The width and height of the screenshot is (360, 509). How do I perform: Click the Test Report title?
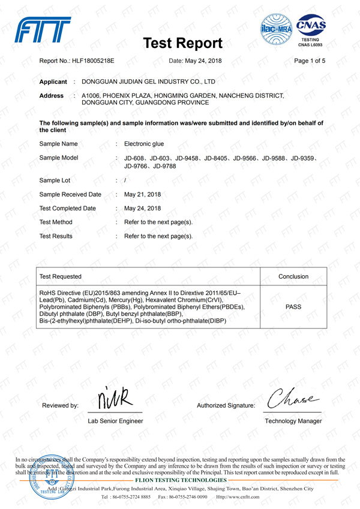[x=184, y=44]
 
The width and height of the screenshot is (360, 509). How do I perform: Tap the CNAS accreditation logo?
[x=311, y=31]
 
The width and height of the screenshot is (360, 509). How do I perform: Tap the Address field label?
[x=51, y=96]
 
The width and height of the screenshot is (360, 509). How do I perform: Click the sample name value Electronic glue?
[x=143, y=144]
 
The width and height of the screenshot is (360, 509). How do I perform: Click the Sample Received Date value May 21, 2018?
[x=142, y=194]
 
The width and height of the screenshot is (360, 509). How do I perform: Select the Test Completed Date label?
[x=67, y=209]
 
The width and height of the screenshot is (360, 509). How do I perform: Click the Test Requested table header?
[x=60, y=276]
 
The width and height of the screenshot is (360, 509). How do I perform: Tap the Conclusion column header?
[x=293, y=276]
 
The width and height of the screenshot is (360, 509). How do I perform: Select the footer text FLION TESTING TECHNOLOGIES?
[x=182, y=481]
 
